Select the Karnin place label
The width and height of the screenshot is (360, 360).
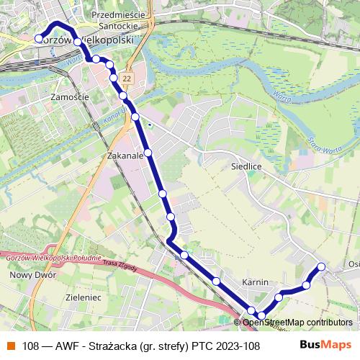point(256,282)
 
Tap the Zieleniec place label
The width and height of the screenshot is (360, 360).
point(83,296)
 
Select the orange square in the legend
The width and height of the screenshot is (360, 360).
point(11,346)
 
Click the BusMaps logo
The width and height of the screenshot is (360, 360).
point(325,345)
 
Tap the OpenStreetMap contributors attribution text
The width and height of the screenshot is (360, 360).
point(297,323)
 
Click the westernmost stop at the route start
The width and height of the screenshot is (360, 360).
point(39,39)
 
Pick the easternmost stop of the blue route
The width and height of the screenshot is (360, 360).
point(321,267)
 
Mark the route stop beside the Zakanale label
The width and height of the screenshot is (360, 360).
point(148,153)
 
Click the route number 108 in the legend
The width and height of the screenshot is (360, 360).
point(30,346)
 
